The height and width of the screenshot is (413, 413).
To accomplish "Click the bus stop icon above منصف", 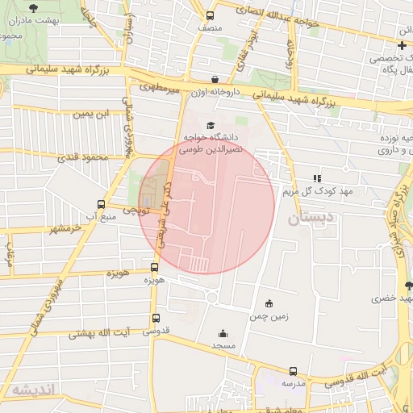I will [x=211, y=15].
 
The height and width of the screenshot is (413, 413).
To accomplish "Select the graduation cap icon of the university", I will [x=211, y=126].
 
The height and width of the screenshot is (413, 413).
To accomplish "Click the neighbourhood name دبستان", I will [x=309, y=219].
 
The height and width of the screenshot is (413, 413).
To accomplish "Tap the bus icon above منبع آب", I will [x=101, y=204].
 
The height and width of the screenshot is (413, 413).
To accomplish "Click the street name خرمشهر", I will [x=65, y=229].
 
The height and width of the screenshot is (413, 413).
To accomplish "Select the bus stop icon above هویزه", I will [x=154, y=267].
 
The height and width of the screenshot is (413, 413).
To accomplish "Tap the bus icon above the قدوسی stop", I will [x=156, y=319].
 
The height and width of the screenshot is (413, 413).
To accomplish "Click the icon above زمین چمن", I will [x=269, y=304].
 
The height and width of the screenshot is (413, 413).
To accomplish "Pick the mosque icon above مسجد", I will [x=223, y=333].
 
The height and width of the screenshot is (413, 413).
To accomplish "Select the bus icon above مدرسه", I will [x=293, y=372].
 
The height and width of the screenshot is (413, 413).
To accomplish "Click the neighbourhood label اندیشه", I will [x=32, y=390].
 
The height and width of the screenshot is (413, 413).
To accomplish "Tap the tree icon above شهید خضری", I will [x=408, y=285].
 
